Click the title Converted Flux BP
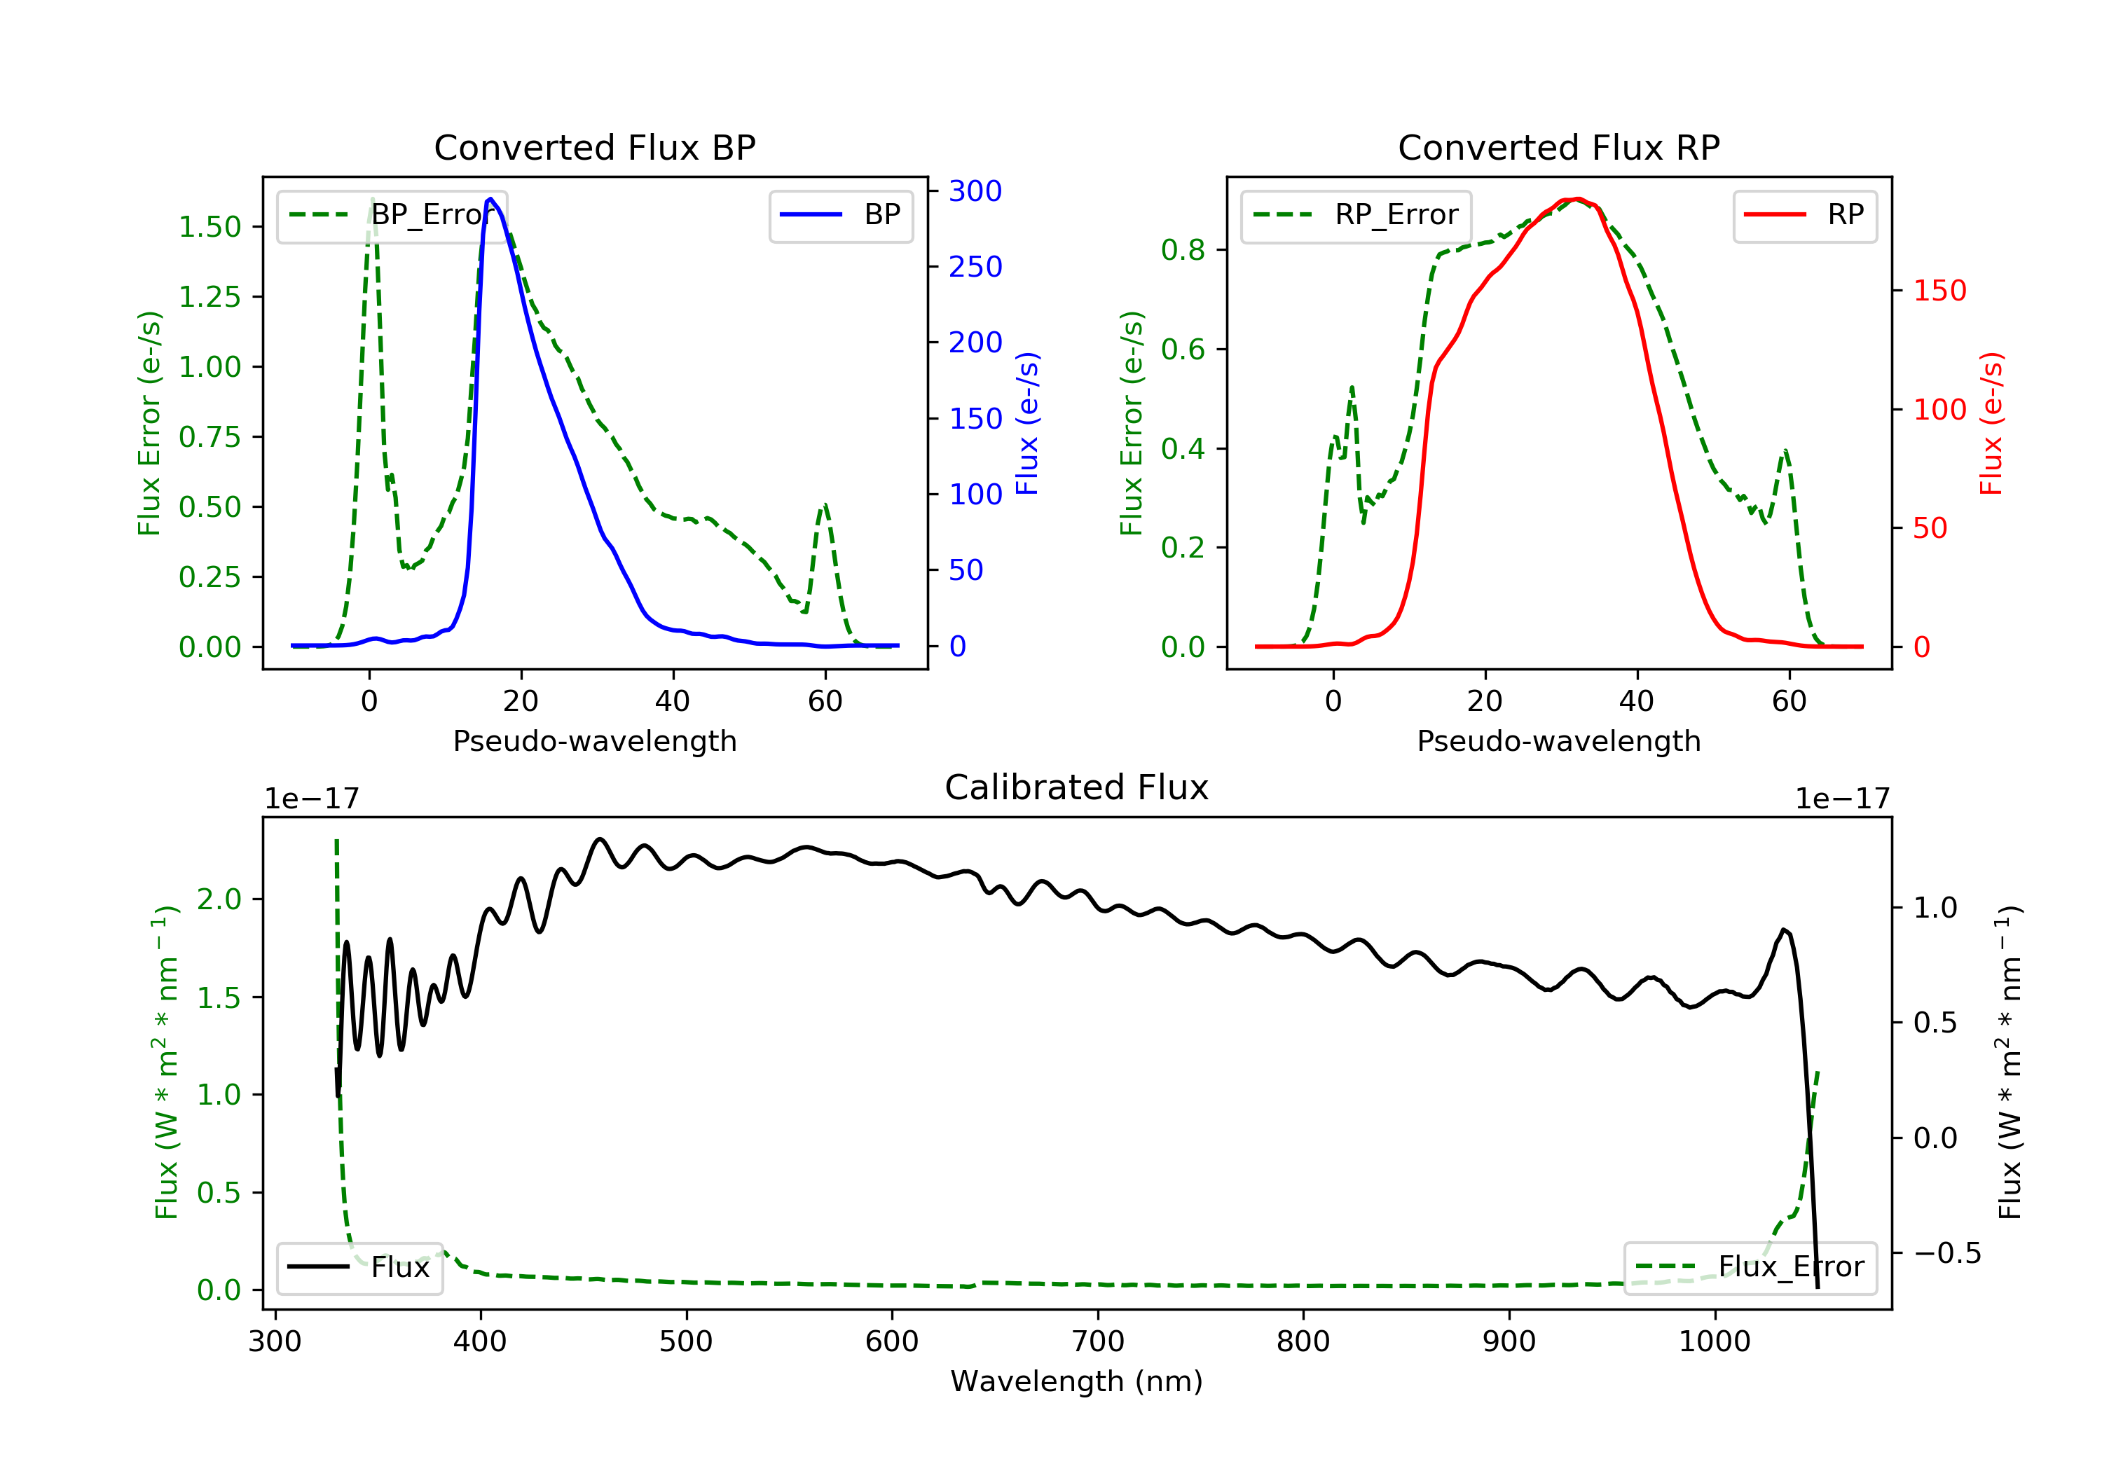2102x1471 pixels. pos(594,147)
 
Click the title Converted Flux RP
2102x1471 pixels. pos(1558,147)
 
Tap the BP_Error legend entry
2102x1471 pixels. pos(392,215)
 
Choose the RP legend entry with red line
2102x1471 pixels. pos(1804,215)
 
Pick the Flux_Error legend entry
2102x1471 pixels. pos(1750,1267)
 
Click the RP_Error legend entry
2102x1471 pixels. pos(1356,215)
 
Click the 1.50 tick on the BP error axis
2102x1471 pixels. pos(209,227)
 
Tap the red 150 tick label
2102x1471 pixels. pos(1939,291)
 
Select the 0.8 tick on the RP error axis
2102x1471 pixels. pos(1183,250)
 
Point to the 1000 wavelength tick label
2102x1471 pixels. pos(1714,1342)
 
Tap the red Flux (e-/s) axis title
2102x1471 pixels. pos(1991,424)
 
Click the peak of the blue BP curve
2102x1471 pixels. pos(490,199)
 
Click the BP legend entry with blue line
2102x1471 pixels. pos(840,215)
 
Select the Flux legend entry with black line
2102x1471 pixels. pos(359,1267)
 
